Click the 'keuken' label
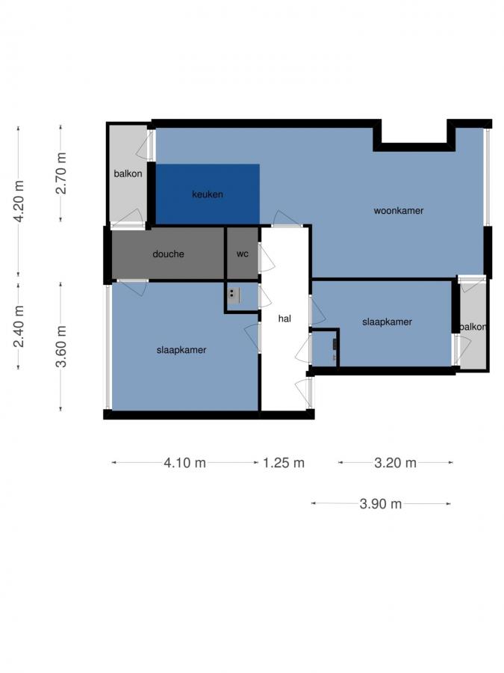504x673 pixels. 207,194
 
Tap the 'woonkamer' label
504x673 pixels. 398,211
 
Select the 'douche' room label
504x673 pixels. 168,254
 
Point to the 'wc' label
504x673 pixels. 242,254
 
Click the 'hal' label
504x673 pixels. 284,318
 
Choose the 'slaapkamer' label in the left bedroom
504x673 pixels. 181,350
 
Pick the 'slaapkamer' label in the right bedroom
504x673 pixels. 387,322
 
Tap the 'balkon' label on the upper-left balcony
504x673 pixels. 128,173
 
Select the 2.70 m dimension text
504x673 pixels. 61,173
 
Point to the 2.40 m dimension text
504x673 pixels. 19,325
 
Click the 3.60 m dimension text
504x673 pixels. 61,345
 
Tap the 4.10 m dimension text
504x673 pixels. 184,463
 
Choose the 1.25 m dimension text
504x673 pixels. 284,463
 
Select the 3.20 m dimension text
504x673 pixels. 395,463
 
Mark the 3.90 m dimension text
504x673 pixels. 380,504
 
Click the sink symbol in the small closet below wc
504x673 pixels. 234,294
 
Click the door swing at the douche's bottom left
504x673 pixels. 133,288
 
